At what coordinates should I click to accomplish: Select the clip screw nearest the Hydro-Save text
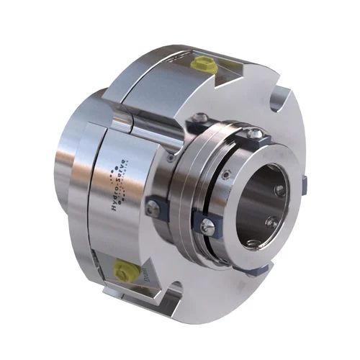tap(153, 209)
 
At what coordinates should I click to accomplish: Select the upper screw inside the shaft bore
tap(278, 191)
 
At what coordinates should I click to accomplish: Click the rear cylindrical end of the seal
tap(68, 155)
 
